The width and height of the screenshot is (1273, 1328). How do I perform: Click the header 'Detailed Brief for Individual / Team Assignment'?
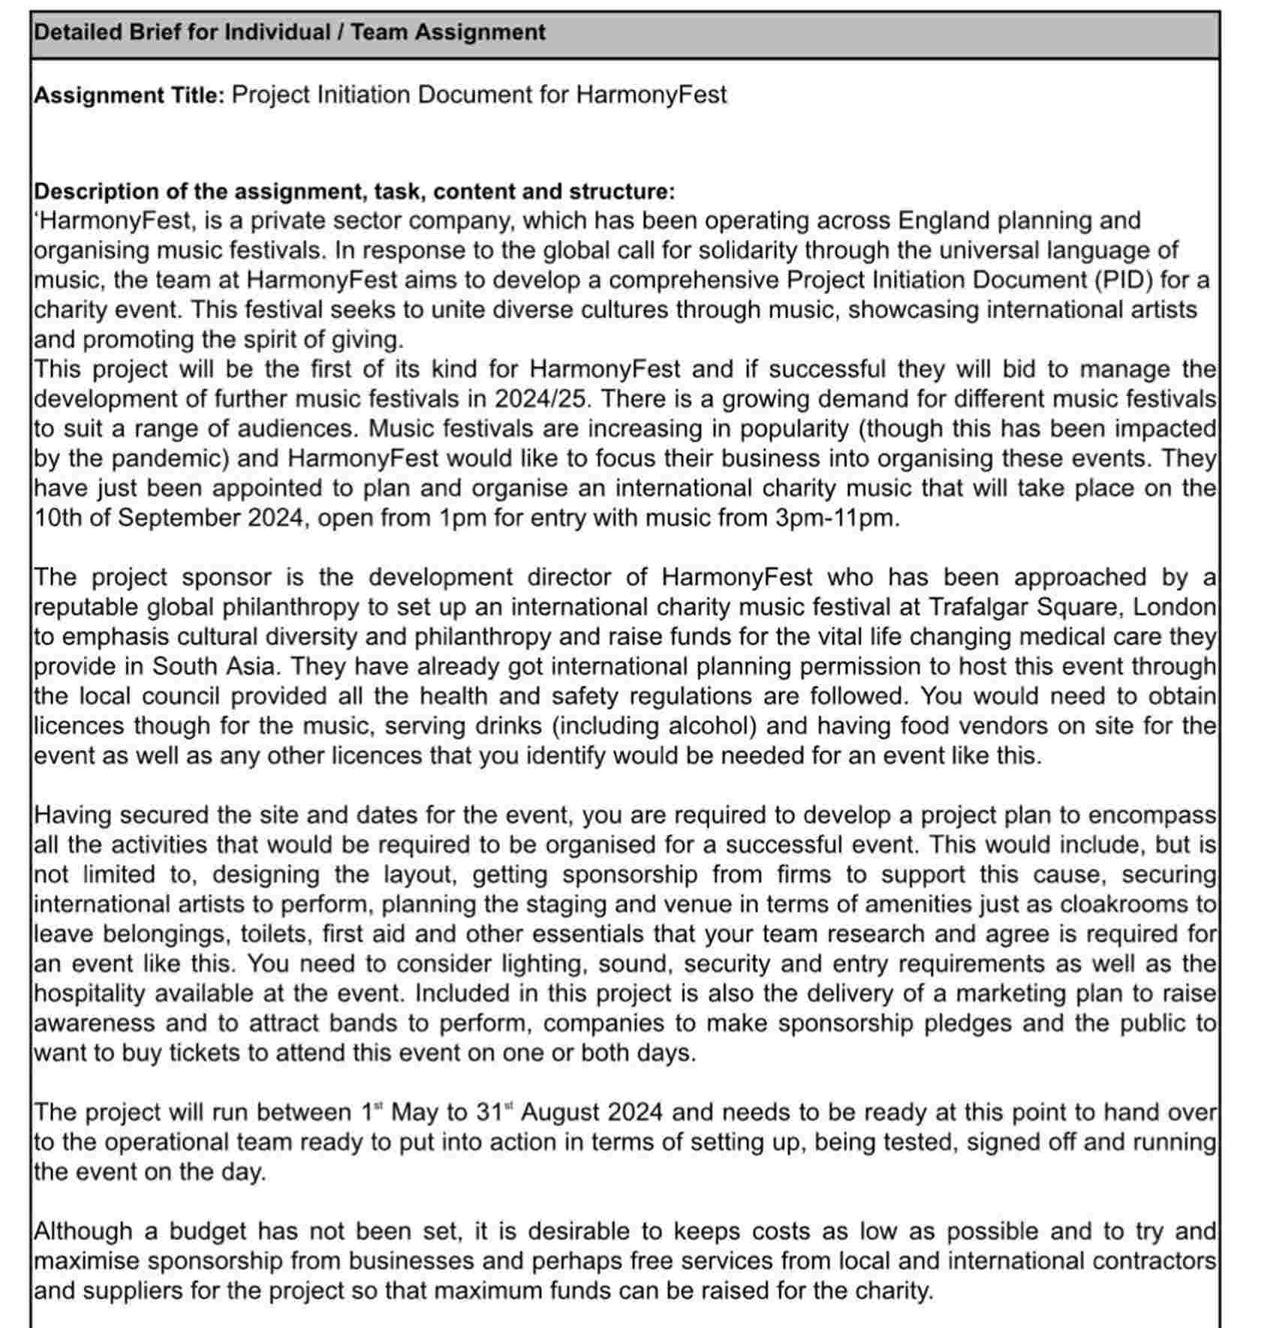point(290,32)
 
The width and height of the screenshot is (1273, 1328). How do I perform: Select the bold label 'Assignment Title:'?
point(129,95)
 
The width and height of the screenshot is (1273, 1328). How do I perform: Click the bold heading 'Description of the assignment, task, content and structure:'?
point(354,191)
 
